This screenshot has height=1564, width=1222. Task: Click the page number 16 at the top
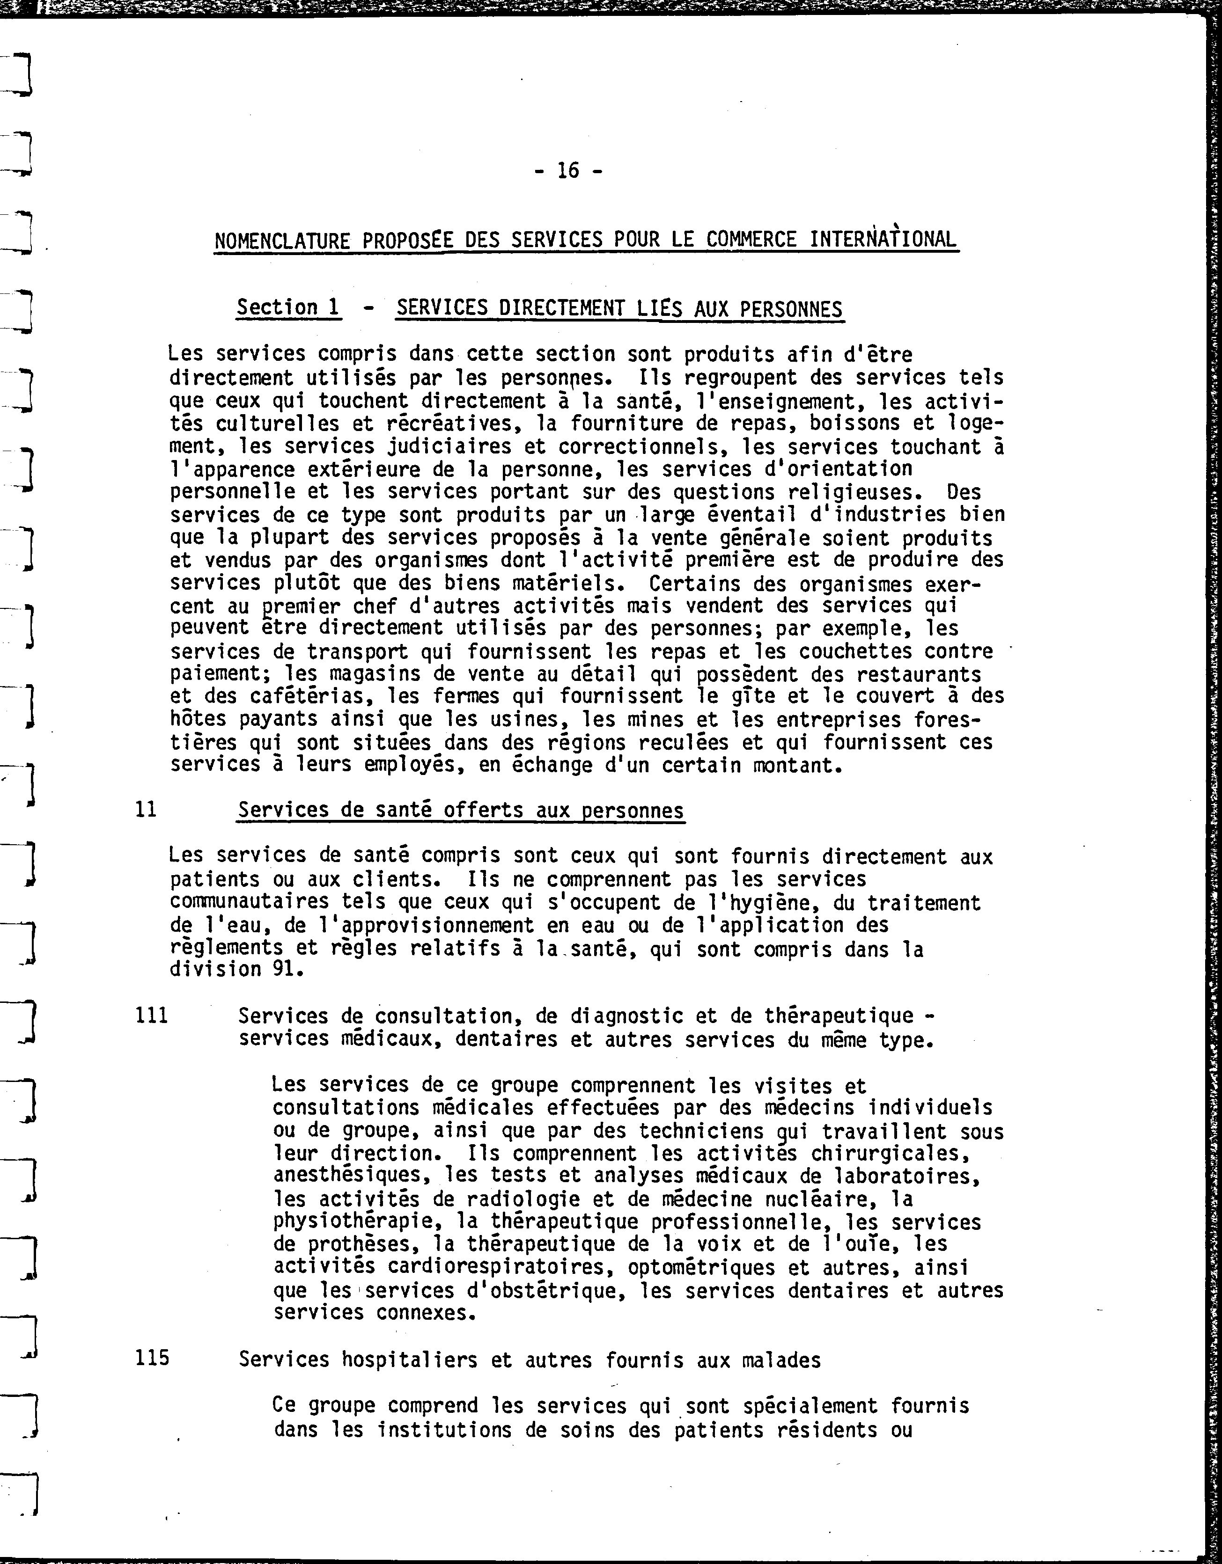[x=567, y=170]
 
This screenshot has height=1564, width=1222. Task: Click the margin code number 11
[x=146, y=810]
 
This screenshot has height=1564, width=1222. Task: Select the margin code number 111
[x=151, y=1016]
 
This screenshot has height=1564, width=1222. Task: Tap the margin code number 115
[x=152, y=1359]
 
